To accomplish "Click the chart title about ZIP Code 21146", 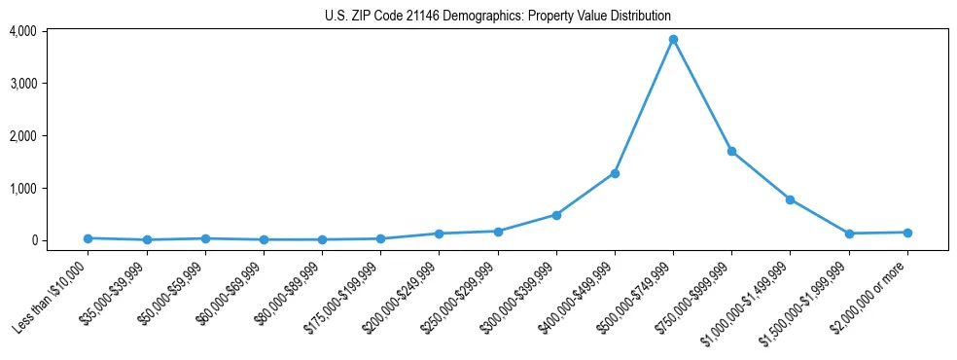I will coord(497,17).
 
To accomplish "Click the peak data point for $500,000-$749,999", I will coord(673,40).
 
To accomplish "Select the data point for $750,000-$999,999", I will coord(731,152).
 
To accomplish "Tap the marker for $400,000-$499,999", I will coord(615,173).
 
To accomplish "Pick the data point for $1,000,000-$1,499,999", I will coord(790,199).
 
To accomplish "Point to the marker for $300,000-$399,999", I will coord(556,215).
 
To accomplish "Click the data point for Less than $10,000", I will coord(88,238).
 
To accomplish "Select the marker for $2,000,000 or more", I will coord(907,233).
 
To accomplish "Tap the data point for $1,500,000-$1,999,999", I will coord(849,234).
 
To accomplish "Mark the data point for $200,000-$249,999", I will coord(439,234).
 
